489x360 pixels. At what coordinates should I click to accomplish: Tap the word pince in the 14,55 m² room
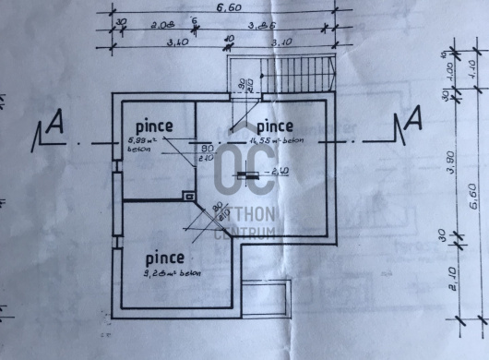(274, 125)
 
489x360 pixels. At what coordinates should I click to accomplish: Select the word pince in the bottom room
(163, 258)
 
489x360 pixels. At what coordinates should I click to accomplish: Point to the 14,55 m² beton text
(277, 140)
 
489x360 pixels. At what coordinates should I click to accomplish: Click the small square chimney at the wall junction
(188, 196)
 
